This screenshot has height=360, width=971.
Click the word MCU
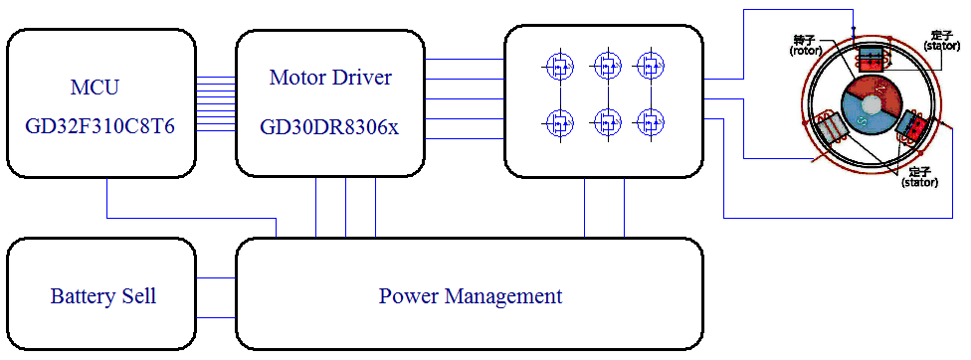point(95,88)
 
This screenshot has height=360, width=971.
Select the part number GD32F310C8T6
point(95,127)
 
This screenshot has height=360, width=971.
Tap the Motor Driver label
point(330,78)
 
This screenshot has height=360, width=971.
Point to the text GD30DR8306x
point(329,127)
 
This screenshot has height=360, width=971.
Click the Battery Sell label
point(103,296)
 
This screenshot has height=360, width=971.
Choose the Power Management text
point(471,296)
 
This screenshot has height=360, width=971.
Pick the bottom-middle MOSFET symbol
point(605,123)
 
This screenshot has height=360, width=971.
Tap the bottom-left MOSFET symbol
point(559,123)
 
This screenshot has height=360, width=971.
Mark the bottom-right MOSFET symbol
point(651,123)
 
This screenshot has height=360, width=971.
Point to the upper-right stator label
point(941,40)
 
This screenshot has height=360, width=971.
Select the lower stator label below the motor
point(918,177)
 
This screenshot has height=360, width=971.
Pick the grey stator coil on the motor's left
point(828,128)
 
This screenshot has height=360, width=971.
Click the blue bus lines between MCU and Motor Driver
point(216,106)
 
